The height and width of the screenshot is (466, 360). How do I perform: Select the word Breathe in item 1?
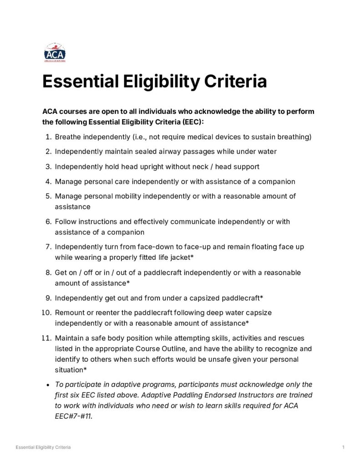point(69,137)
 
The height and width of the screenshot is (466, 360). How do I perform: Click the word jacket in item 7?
point(177,258)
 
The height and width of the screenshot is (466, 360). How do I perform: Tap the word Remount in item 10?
point(71,313)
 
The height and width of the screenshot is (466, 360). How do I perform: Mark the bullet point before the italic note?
point(48,385)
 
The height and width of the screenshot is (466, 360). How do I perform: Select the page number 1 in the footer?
point(343,448)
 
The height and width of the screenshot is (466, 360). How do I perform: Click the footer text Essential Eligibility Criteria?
point(43,448)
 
